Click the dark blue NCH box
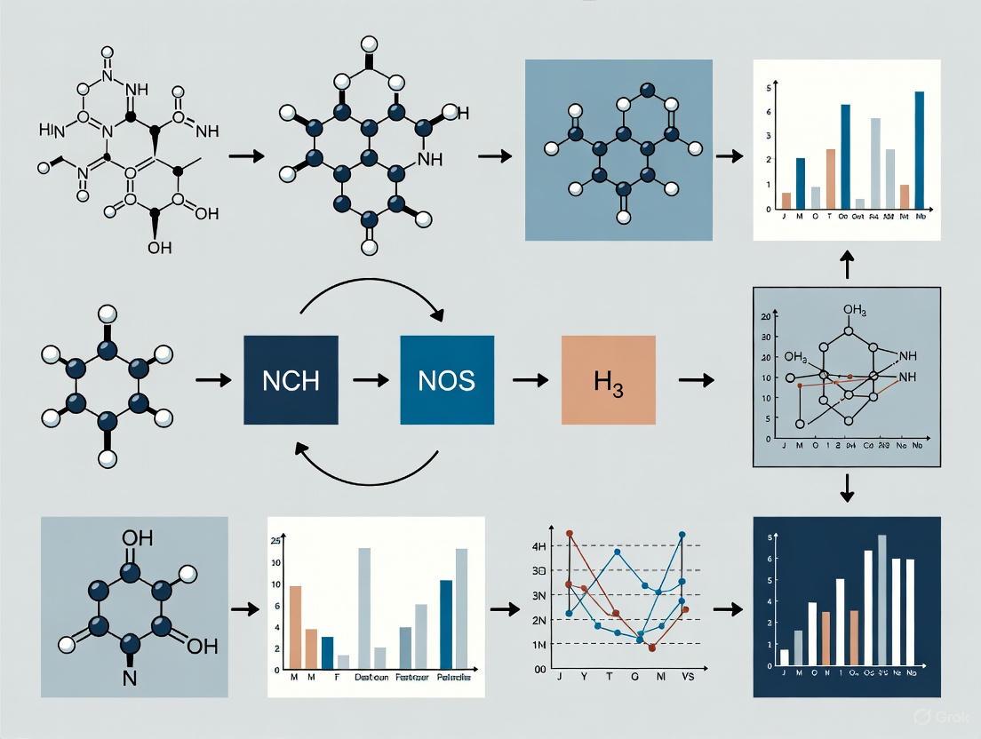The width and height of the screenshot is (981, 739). point(291,379)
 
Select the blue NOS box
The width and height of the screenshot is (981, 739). point(447,379)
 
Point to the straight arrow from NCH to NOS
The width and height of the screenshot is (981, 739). point(370,380)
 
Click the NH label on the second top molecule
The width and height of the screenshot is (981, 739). point(429,160)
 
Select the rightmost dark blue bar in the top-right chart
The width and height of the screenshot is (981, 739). point(919,150)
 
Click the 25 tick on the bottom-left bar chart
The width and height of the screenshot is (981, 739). point(275,542)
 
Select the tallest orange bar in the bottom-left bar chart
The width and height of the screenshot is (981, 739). point(296,627)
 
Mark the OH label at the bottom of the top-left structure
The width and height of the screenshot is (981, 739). point(160,248)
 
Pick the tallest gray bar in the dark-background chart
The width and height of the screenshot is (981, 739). point(882,600)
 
